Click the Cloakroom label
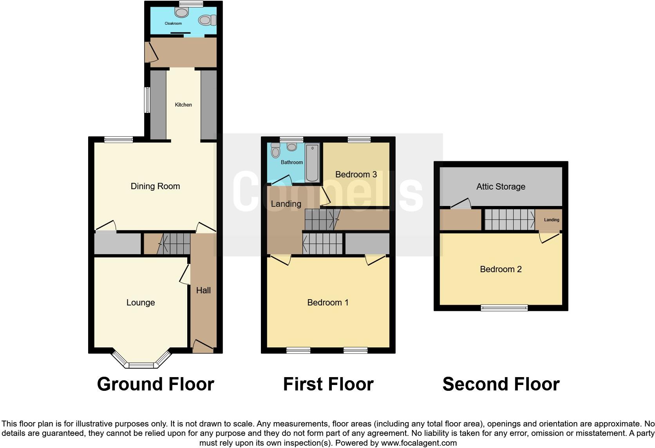pyautogui.click(x=173, y=23)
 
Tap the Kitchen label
pyautogui.click(x=183, y=105)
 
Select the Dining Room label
pyautogui.click(x=155, y=186)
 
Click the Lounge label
pyautogui.click(x=140, y=302)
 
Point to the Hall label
pyautogui.click(x=203, y=290)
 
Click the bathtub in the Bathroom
pyautogui.click(x=312, y=163)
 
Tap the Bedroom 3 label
pyautogui.click(x=356, y=174)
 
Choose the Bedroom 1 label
pyautogui.click(x=327, y=302)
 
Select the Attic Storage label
pyautogui.click(x=500, y=186)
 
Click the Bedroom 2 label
pyautogui.click(x=500, y=269)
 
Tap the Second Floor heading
pyautogui.click(x=501, y=384)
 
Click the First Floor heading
pyautogui.click(x=328, y=384)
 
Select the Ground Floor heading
pyautogui.click(x=155, y=384)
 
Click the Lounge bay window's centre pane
pyautogui.click(x=141, y=365)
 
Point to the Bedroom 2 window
pyautogui.click(x=504, y=308)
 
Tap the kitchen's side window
pyautogui.click(x=147, y=100)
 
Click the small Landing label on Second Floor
pyautogui.click(x=551, y=220)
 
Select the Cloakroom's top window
pyautogui.click(x=191, y=4)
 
